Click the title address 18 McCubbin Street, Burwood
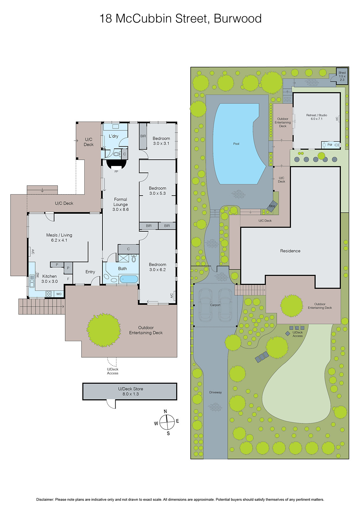pyautogui.click(x=180, y=18)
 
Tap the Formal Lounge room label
pyautogui.click(x=121, y=204)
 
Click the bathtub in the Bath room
pyautogui.click(x=129, y=279)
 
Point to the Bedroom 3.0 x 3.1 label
pyautogui.click(x=161, y=141)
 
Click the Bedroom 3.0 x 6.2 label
pyautogui.click(x=157, y=267)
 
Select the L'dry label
pyautogui.click(x=113, y=136)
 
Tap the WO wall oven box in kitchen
pyautogui.click(x=59, y=294)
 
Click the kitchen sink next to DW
pyautogui.click(x=32, y=281)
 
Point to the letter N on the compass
pyautogui.click(x=165, y=411)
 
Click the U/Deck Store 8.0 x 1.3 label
pyautogui.click(x=131, y=391)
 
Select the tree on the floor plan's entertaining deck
pyautogui.click(x=104, y=330)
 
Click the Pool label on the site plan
pyautogui.click(x=236, y=144)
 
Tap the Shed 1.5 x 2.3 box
pyautogui.click(x=342, y=76)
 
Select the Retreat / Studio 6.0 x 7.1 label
pyautogui.click(x=316, y=117)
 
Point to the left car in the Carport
pyautogui.click(x=205, y=305)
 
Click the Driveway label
pyautogui.click(x=215, y=392)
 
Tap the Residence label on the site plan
pyautogui.click(x=290, y=251)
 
